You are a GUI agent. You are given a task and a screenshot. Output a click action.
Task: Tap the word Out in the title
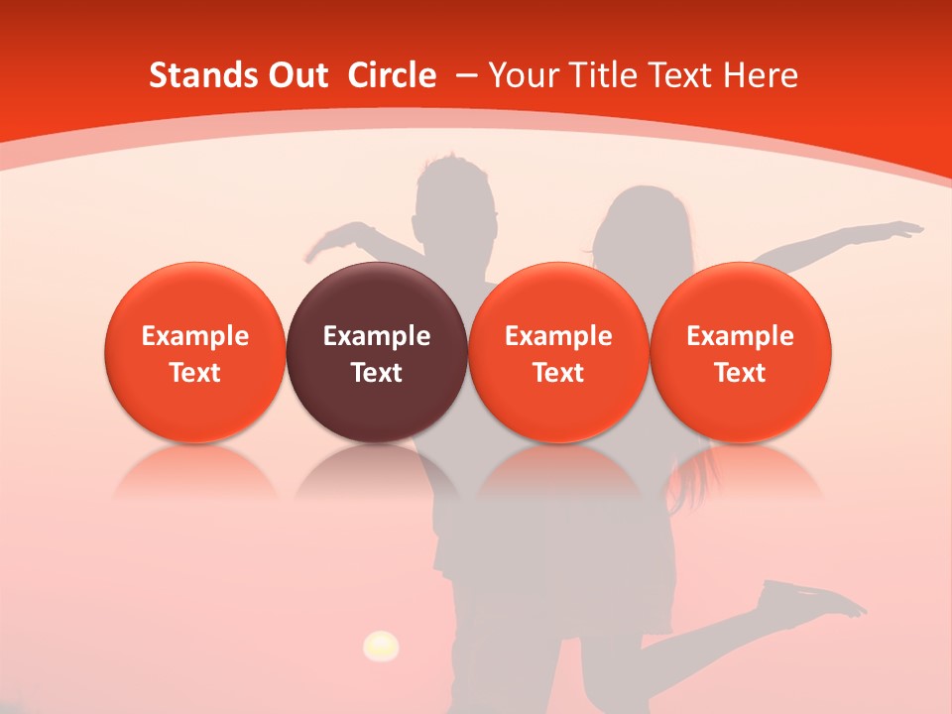pyautogui.click(x=296, y=75)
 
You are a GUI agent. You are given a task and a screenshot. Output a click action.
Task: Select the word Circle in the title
pyautogui.click(x=392, y=75)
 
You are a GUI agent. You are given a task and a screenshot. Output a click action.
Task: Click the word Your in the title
pyautogui.click(x=522, y=75)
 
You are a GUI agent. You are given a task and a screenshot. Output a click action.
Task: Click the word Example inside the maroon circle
pyautogui.click(x=377, y=336)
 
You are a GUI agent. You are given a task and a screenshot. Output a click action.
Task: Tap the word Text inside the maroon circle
pyautogui.click(x=377, y=373)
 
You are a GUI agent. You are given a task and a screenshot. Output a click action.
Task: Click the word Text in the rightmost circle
pyautogui.click(x=741, y=373)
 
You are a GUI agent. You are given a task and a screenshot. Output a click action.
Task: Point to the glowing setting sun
pyautogui.click(x=381, y=647)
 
